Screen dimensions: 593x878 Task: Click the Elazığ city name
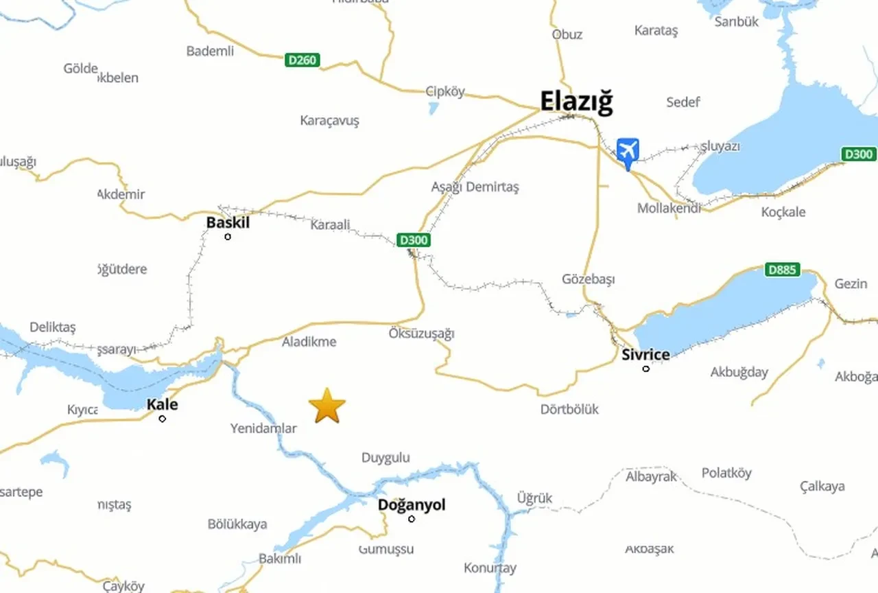coord(576,102)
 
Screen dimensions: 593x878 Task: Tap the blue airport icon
coord(627,150)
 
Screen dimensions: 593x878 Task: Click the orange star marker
coord(327,406)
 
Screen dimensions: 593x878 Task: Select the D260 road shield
coord(302,60)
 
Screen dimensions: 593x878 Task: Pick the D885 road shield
coord(782,270)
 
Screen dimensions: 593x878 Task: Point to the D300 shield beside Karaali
coord(414,240)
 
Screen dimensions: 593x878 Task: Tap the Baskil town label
coord(228,223)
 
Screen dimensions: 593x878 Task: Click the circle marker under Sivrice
coord(645,369)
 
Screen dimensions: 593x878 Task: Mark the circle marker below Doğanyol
coord(412,519)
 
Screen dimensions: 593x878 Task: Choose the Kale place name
coord(163,404)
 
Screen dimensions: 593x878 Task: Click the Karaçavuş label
coord(329,121)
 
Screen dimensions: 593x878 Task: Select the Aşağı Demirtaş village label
coord(475,187)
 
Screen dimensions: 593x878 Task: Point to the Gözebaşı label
coord(588,279)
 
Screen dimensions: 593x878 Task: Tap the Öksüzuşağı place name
coord(421,334)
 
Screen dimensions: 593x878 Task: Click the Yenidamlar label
coord(263,428)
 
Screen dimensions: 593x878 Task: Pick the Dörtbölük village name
coord(569,409)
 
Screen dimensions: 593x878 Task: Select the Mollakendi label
coord(669,208)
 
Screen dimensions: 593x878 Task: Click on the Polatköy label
coord(726,473)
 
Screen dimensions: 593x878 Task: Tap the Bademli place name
coord(210,51)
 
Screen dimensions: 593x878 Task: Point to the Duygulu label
coord(385,458)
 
